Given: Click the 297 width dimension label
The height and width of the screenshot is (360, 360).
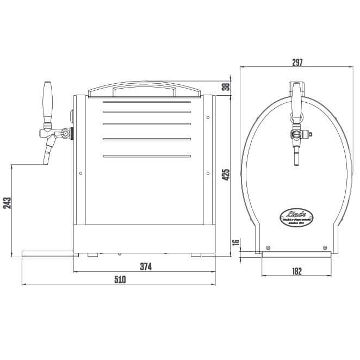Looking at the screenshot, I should pos(297,62).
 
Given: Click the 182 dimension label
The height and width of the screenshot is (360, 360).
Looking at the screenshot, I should pos(297,270).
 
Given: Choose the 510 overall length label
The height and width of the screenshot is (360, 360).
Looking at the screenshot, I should pos(119,280).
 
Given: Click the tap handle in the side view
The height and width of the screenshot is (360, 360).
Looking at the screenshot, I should pos(47,102).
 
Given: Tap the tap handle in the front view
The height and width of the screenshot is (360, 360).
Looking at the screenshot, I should pos(297,96).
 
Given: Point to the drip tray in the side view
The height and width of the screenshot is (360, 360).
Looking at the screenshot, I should pos(47,252).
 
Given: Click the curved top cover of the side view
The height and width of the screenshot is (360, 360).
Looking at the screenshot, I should pos(146,88).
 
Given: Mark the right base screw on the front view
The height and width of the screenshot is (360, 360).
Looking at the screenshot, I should pos(324,243).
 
